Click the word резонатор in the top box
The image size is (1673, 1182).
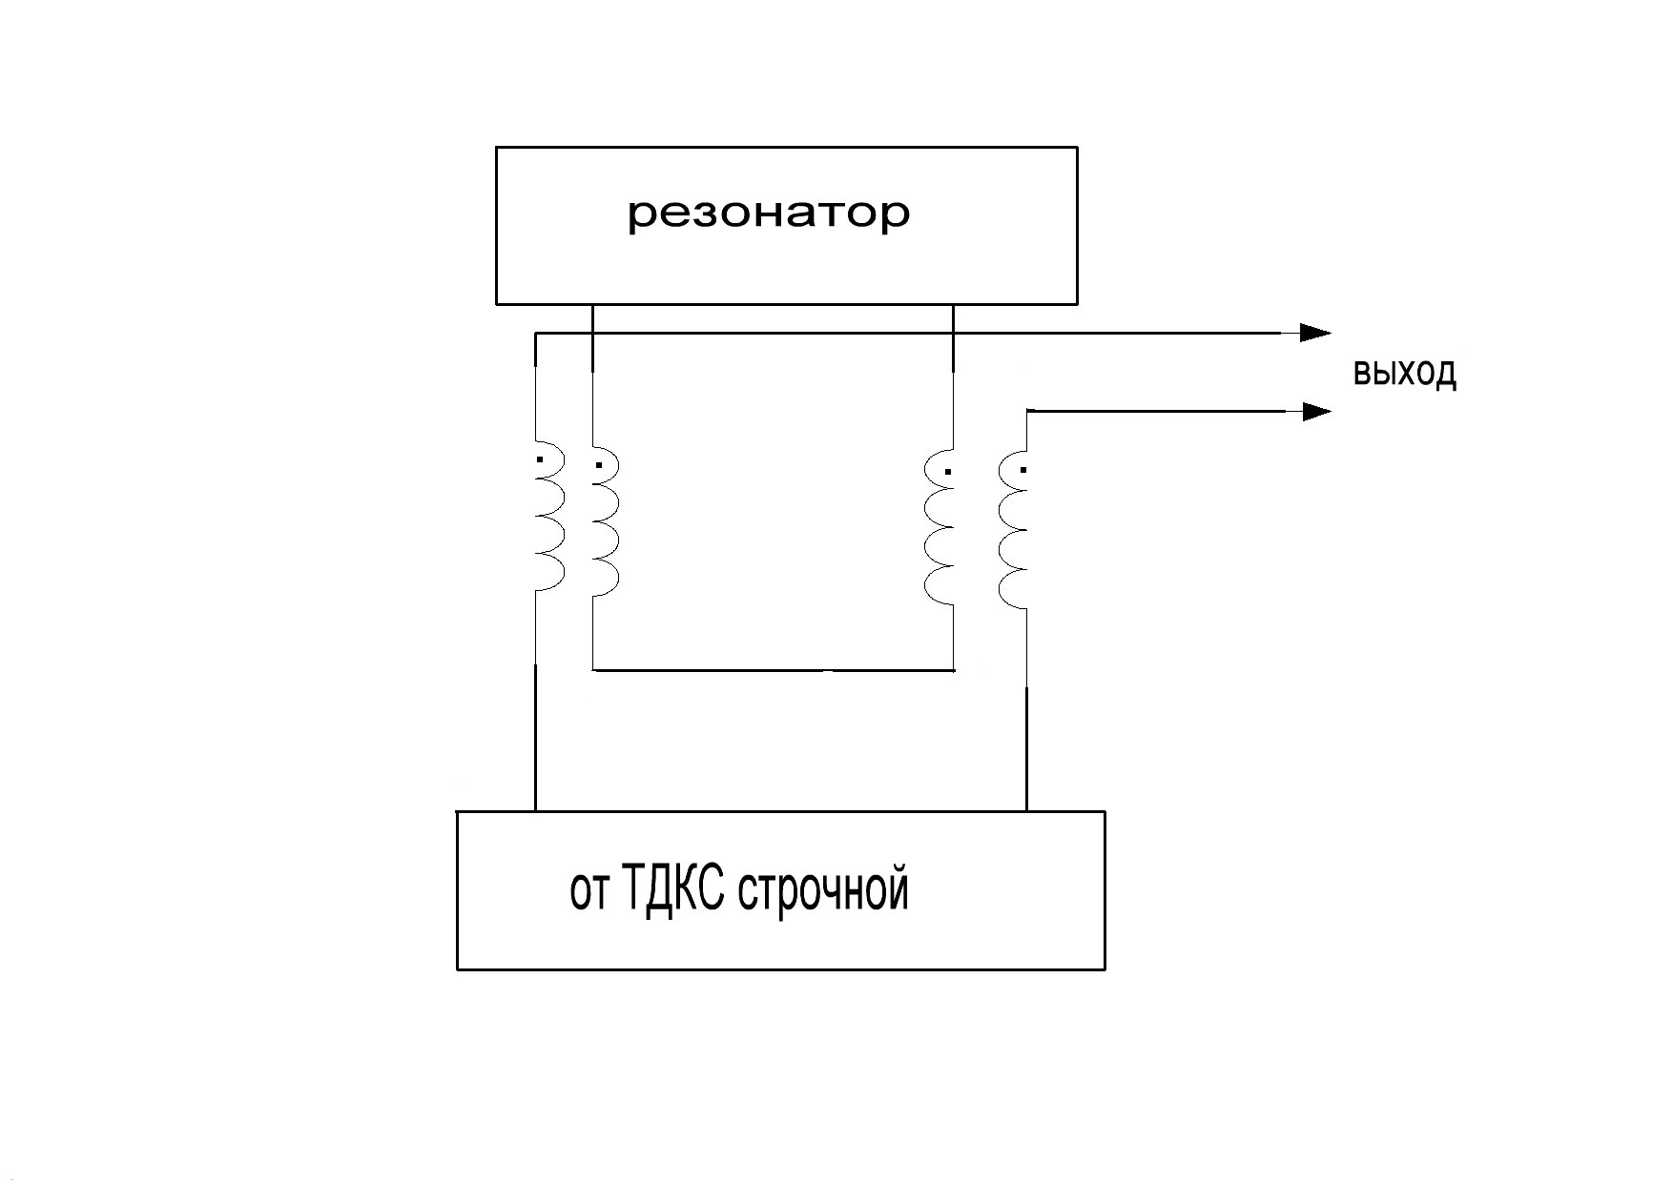[769, 214]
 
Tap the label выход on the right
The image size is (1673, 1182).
[1404, 373]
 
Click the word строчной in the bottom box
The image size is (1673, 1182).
[824, 890]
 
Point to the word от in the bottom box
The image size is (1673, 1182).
[588, 894]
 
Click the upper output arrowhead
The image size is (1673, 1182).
[1316, 333]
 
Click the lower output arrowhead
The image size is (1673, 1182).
[1316, 412]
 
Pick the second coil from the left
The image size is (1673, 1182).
[606, 522]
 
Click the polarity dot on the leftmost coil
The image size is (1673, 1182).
[540, 460]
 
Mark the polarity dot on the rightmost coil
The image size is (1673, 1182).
[1023, 470]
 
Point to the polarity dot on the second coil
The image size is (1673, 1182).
[599, 466]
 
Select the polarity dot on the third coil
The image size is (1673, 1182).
[947, 471]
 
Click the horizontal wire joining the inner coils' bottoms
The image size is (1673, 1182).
[773, 670]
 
